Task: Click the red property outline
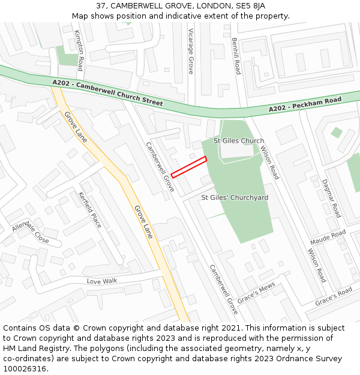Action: pyautogui.click(x=189, y=167)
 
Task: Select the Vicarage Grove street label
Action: pyautogui.click(x=191, y=50)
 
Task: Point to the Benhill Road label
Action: pyautogui.click(x=236, y=56)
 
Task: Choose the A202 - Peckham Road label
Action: pyautogui.click(x=305, y=104)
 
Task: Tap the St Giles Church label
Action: pyautogui.click(x=239, y=141)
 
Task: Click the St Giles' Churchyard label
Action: pyautogui.click(x=235, y=197)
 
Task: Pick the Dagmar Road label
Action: pyautogui.click(x=331, y=197)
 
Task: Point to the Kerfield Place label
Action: pyautogui.click(x=90, y=209)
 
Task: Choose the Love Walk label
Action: pyautogui.click(x=101, y=281)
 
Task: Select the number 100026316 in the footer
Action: pyautogui.click(x=23, y=369)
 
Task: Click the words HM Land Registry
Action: pyautogui.click(x=33, y=349)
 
